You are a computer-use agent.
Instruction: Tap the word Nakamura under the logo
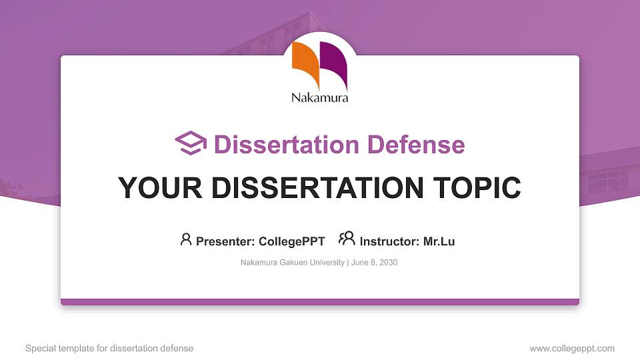coord(320,98)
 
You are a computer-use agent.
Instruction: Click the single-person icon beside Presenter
coord(186,239)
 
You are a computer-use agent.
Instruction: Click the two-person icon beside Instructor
coord(347,239)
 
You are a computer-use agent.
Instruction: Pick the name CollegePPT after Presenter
coord(291,241)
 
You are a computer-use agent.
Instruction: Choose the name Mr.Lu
coord(439,241)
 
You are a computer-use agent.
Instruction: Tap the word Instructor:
coord(389,241)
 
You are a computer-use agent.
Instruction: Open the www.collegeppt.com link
coord(572,348)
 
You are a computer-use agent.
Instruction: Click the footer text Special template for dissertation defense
coord(109,348)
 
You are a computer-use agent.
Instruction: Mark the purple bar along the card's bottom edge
coord(320,302)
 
